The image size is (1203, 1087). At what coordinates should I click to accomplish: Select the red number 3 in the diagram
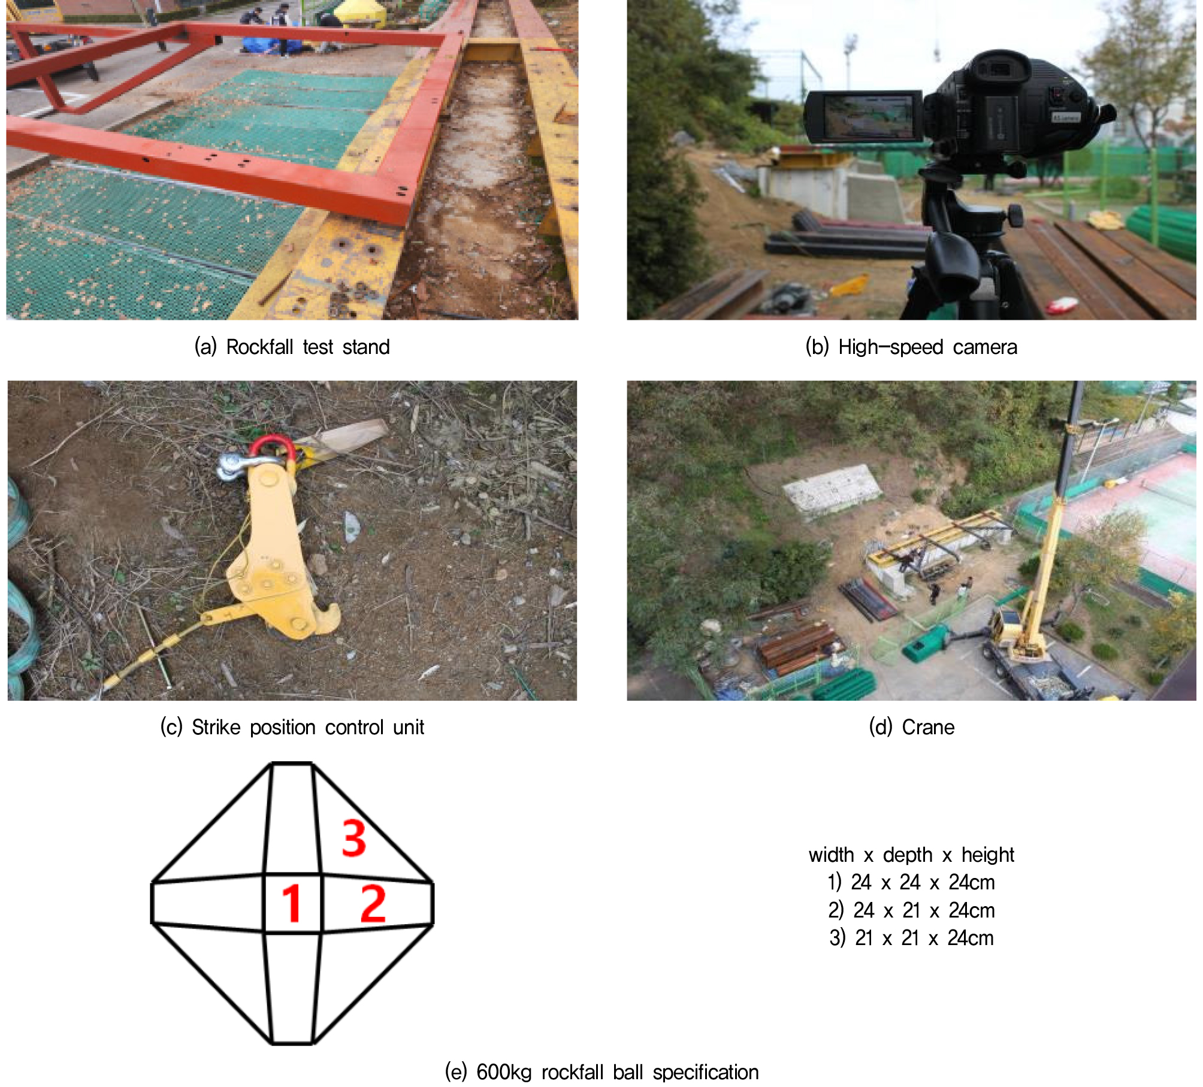click(354, 838)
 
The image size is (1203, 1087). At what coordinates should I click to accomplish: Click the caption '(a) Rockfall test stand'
click(292, 347)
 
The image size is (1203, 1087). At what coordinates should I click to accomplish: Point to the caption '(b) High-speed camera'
click(911, 347)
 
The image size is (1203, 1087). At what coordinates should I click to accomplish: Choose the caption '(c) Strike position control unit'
click(292, 727)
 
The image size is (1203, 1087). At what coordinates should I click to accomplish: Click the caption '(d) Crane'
click(911, 727)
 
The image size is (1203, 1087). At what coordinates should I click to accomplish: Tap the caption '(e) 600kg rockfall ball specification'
click(601, 1072)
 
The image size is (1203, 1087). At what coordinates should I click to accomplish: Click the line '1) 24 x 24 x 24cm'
click(911, 882)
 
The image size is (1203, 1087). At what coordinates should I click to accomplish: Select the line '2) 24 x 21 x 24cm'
click(911, 910)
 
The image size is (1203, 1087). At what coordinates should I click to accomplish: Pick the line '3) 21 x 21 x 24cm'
click(911, 938)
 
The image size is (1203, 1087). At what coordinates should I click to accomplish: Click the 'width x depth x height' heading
click(911, 855)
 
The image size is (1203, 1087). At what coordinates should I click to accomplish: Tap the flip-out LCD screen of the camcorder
click(863, 117)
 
